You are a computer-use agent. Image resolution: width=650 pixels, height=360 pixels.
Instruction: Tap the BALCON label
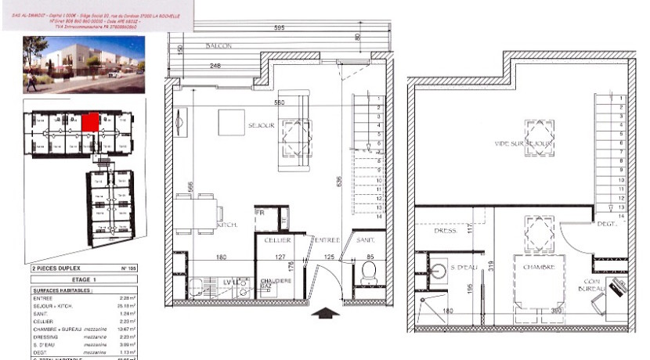pyautogui.click(x=220, y=46)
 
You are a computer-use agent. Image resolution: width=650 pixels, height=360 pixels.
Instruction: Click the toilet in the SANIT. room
pyautogui.click(x=368, y=274)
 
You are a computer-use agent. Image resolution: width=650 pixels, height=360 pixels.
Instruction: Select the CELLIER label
pyautogui.click(x=278, y=239)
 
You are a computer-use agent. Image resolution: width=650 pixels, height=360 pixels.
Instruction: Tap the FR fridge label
pyautogui.click(x=261, y=212)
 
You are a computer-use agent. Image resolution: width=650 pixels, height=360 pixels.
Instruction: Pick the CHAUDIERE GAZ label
pyautogui.click(x=278, y=284)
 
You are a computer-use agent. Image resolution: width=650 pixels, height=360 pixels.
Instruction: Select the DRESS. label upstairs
pyautogui.click(x=445, y=232)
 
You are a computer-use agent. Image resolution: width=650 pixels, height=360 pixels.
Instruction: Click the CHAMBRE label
pyautogui.click(x=539, y=267)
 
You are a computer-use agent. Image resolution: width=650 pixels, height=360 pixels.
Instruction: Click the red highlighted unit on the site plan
pyautogui.click(x=90, y=122)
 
